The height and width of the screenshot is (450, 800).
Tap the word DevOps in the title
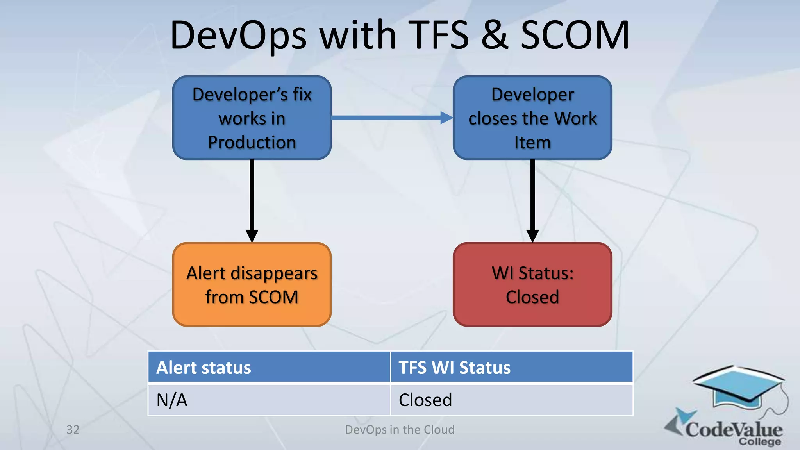click(238, 36)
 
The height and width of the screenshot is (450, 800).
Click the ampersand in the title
click(495, 36)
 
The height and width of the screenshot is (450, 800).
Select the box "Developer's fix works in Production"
click(252, 118)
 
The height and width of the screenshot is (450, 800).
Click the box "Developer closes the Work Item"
click(532, 118)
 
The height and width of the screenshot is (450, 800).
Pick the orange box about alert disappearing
click(252, 284)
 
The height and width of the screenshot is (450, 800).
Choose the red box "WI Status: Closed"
click(532, 284)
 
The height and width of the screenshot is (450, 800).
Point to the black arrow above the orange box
click(252, 199)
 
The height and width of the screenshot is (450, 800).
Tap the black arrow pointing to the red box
click(532, 199)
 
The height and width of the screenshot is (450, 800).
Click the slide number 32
click(73, 430)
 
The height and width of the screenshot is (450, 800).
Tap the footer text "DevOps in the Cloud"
click(400, 430)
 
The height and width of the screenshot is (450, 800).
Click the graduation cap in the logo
click(738, 387)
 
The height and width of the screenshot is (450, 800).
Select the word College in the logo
click(760, 442)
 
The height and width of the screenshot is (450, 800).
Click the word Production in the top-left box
click(252, 142)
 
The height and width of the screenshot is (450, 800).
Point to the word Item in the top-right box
click(532, 142)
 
